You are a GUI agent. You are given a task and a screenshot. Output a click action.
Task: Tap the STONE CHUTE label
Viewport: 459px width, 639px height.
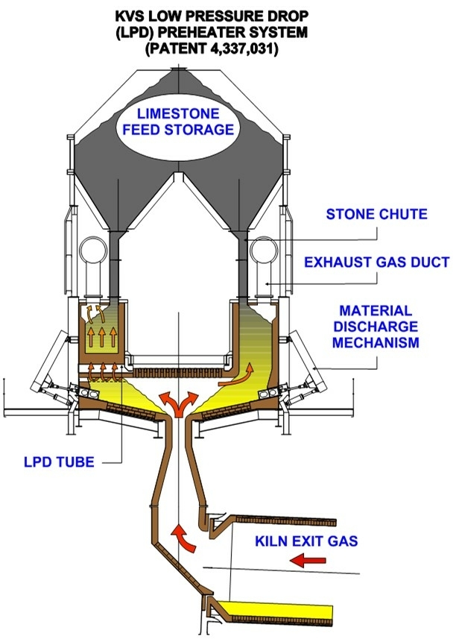[x=377, y=215]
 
